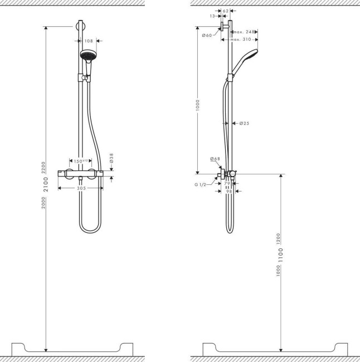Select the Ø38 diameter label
coord(111,159)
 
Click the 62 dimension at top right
coord(226,11)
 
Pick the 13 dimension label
coord(212,17)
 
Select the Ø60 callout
coord(206,36)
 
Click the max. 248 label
coord(244,32)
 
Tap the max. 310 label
coord(241,40)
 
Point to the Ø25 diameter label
coord(244,123)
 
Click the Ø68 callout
coord(215,159)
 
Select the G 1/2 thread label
coord(201,184)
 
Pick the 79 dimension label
coord(227,184)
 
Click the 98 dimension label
coord(228,191)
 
